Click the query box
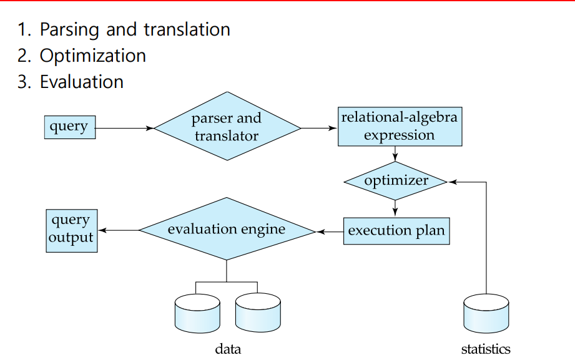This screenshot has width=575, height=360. (x=69, y=127)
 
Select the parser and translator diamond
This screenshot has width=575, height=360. (x=227, y=127)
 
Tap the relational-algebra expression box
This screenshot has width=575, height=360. (x=399, y=127)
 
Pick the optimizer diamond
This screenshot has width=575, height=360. (x=396, y=182)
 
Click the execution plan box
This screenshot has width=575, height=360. (x=396, y=231)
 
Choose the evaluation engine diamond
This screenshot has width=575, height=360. (x=227, y=230)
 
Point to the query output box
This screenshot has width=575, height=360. (x=71, y=230)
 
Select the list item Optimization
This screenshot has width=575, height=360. (x=92, y=56)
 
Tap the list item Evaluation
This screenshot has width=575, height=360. (x=81, y=82)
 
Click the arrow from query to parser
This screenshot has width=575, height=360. (x=125, y=128)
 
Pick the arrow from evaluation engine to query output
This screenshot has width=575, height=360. (x=119, y=231)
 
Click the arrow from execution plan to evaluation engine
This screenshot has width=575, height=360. (x=330, y=231)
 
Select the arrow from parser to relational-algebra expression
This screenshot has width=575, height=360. (x=319, y=128)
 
